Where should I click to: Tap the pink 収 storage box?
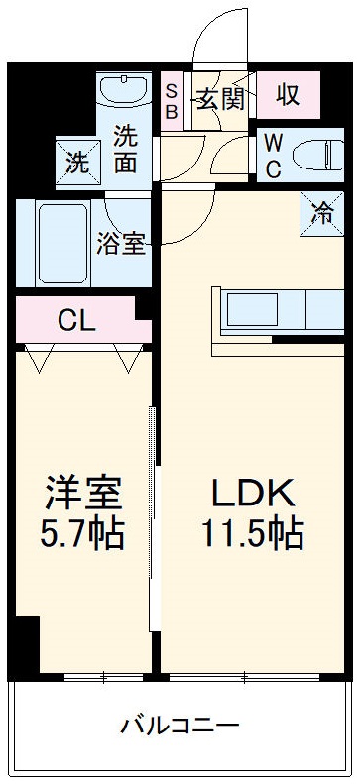click(x=288, y=96)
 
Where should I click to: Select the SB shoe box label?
click(x=171, y=98)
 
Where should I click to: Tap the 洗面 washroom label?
click(x=126, y=150)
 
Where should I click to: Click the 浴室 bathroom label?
click(x=121, y=243)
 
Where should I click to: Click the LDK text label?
click(x=251, y=493)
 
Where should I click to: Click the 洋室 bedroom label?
click(x=83, y=493)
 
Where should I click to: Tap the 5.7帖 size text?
click(x=83, y=534)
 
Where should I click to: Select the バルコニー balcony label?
click(x=180, y=726)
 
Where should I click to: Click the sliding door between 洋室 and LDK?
click(x=154, y=515)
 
